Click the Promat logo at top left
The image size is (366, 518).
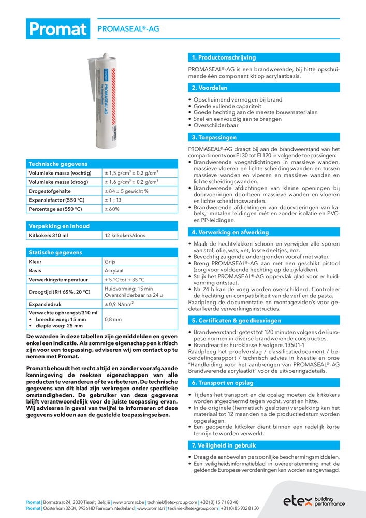click(x=57, y=29)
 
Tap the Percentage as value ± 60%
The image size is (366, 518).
click(x=112, y=209)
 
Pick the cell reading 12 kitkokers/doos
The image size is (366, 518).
click(x=125, y=236)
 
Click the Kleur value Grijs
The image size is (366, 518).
click(x=110, y=262)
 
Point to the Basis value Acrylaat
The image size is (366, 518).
click(x=113, y=271)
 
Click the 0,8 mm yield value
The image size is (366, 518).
click(x=114, y=320)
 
